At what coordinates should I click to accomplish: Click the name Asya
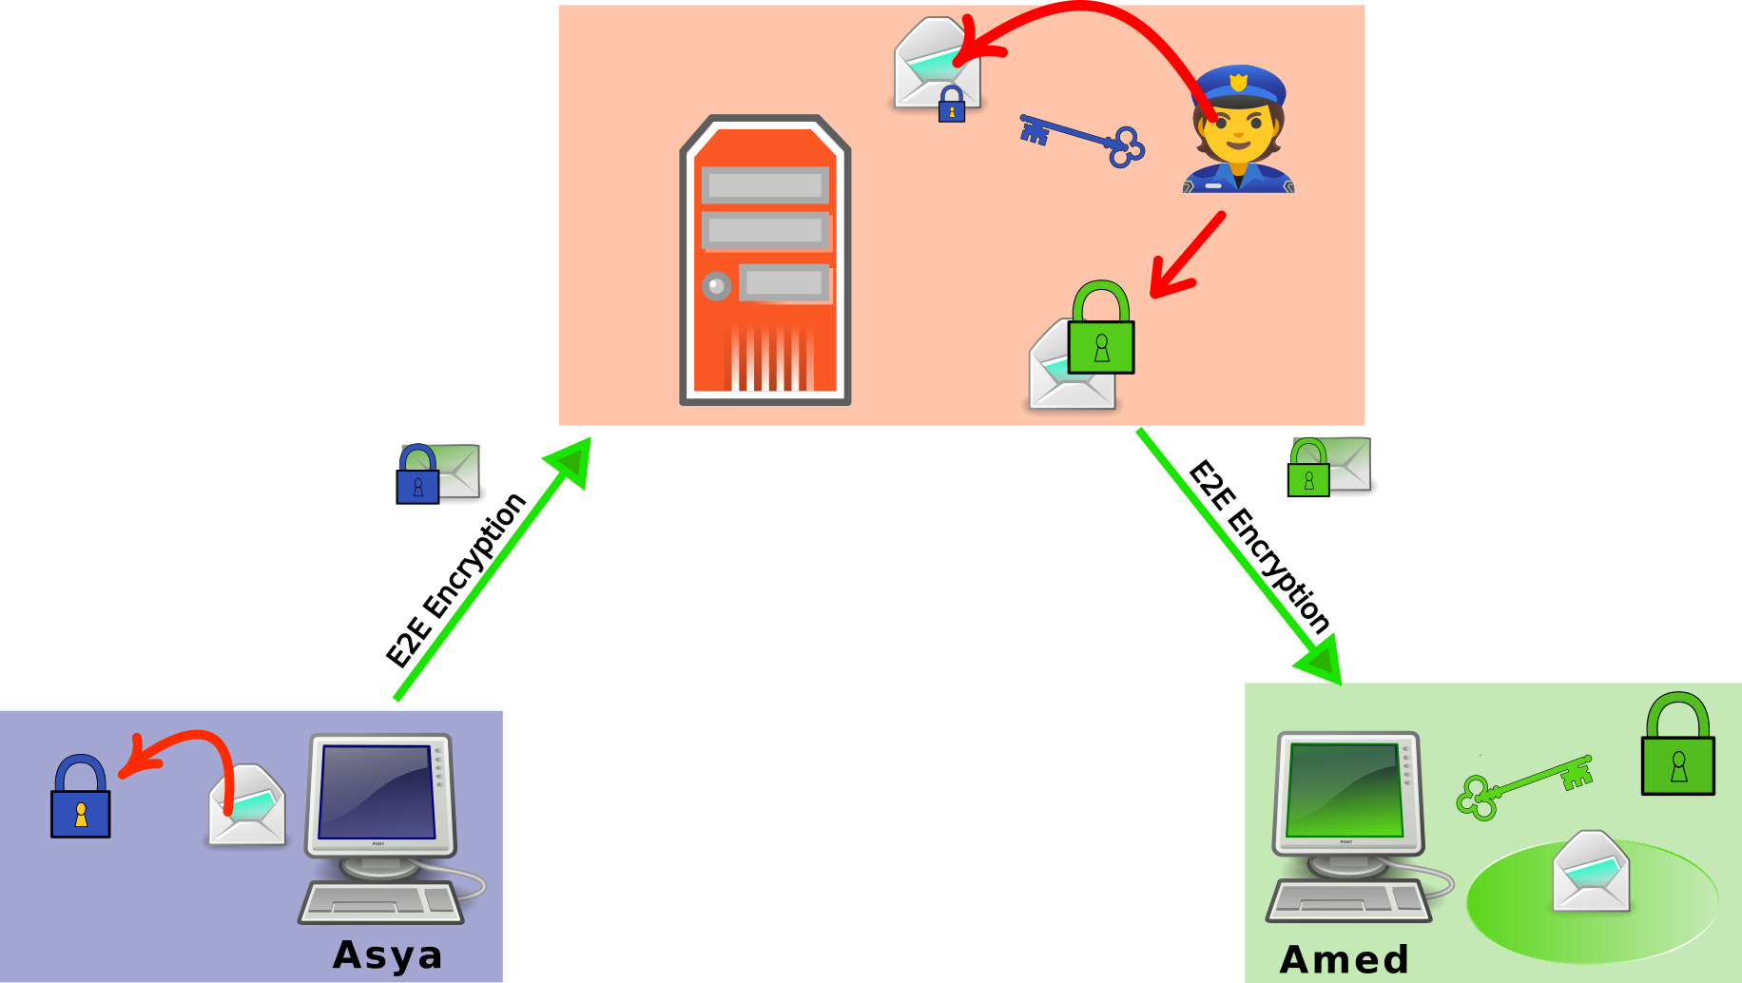click(x=388, y=954)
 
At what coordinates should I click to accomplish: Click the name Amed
click(x=1344, y=959)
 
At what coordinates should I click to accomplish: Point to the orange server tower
click(x=765, y=261)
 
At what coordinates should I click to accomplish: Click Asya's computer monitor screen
click(x=377, y=791)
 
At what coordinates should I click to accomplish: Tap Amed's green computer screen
click(x=1344, y=789)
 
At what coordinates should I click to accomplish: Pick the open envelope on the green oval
click(x=1591, y=872)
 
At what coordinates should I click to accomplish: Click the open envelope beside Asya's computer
click(x=247, y=806)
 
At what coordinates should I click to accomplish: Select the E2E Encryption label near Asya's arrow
click(x=455, y=581)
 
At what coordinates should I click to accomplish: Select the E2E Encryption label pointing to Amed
click(x=1259, y=547)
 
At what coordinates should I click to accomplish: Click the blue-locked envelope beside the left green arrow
click(x=437, y=472)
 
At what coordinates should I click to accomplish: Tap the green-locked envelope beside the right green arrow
click(x=1328, y=466)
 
